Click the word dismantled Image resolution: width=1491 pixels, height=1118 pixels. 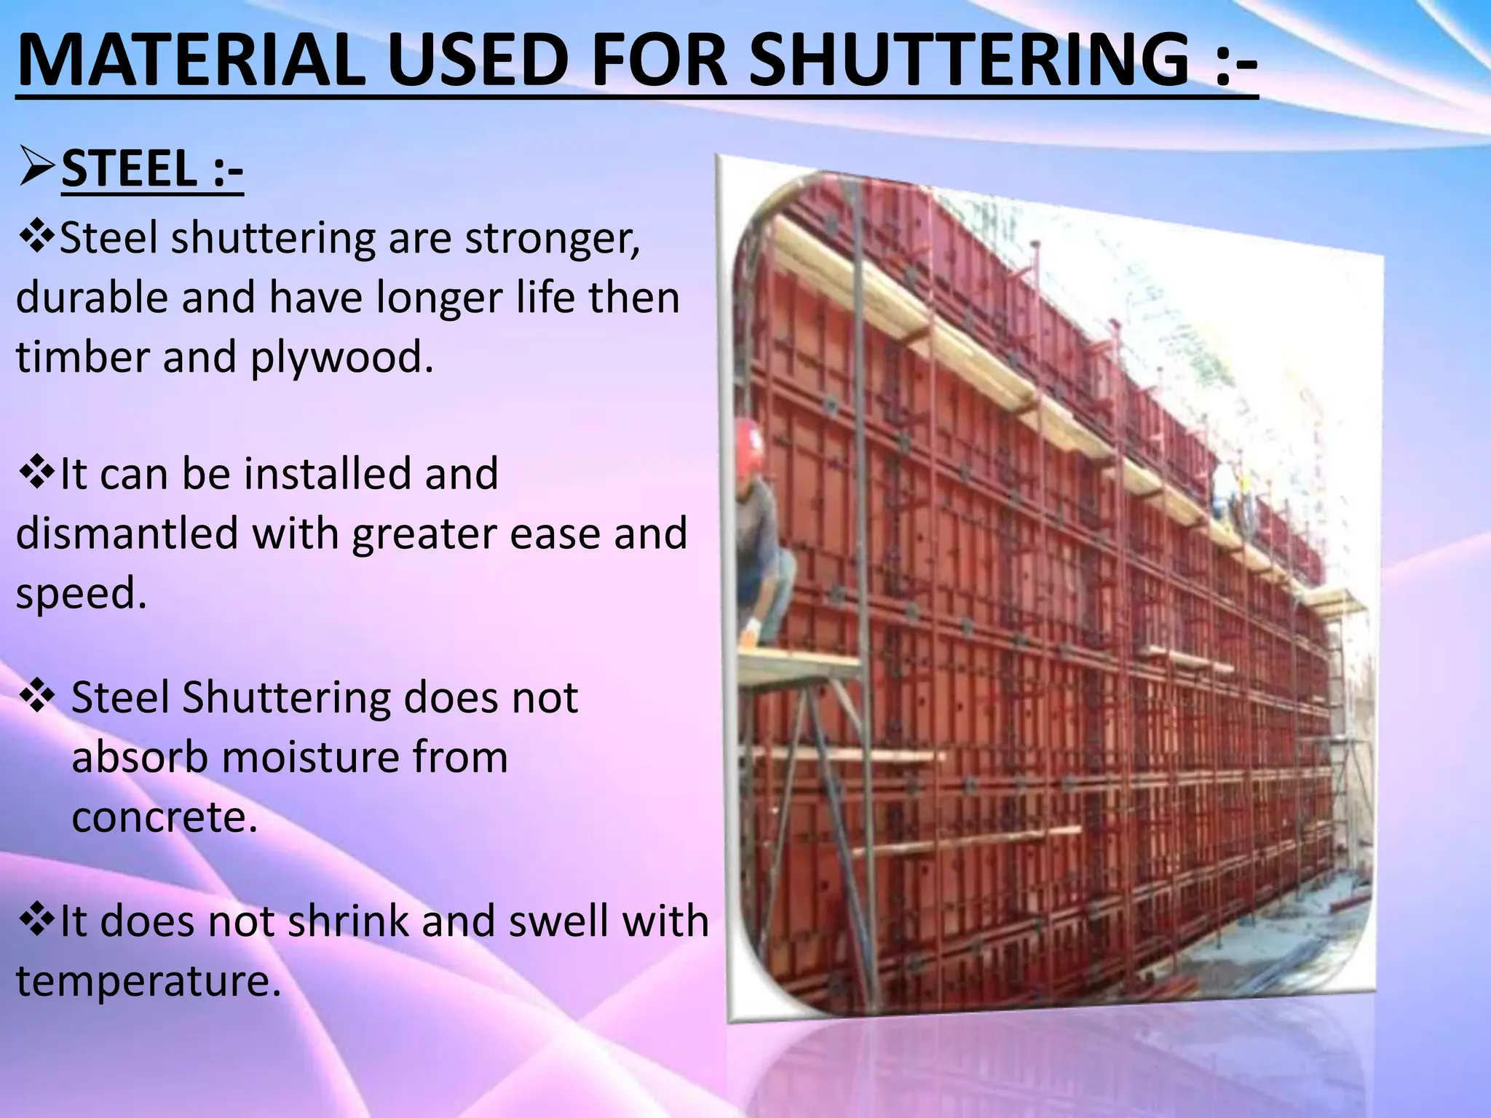tap(128, 533)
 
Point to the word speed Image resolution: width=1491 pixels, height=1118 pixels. tap(80, 594)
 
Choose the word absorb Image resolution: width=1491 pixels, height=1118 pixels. tap(138, 757)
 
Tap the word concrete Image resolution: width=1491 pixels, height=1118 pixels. tap(165, 817)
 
